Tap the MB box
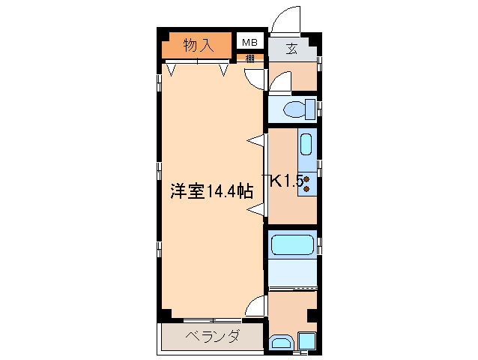coord(248,42)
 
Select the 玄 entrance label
coord(291,50)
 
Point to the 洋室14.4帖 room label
coord(211,191)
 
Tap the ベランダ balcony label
coord(212,336)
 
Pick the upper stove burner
coord(306,180)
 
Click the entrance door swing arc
coord(285,19)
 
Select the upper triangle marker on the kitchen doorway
coord(257,139)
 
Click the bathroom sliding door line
coord(293,287)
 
